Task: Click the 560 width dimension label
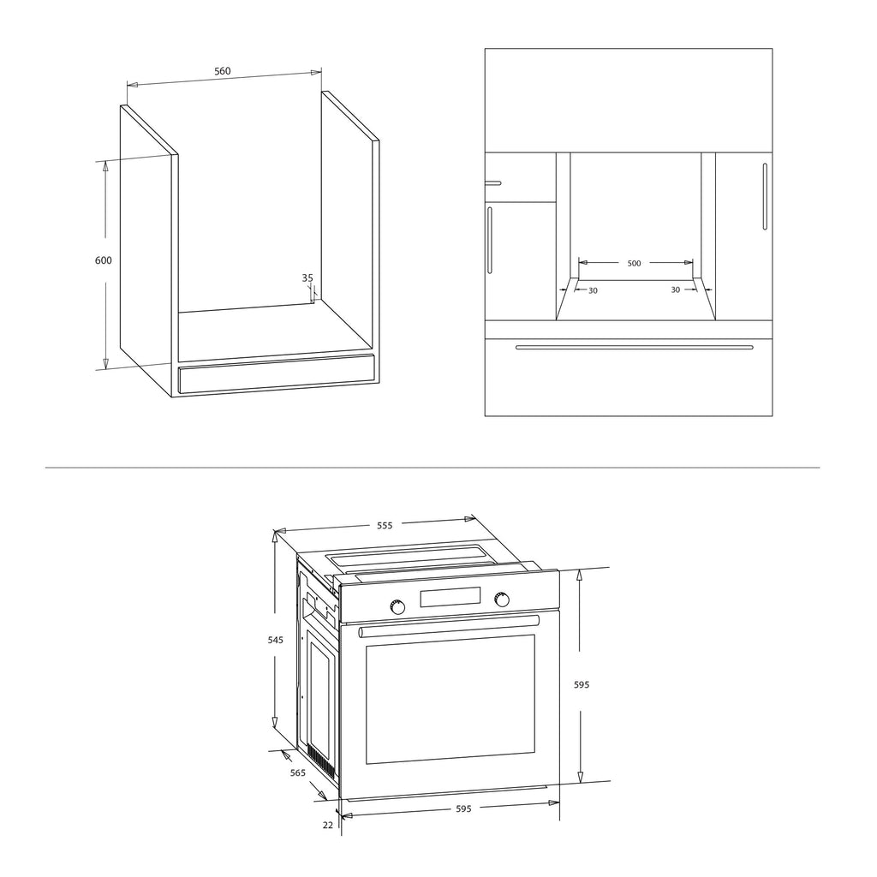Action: pyautogui.click(x=222, y=71)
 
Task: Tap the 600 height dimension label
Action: pyautogui.click(x=104, y=260)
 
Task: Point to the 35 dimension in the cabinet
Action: pyautogui.click(x=307, y=277)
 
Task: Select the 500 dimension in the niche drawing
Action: pyautogui.click(x=634, y=263)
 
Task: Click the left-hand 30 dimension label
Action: pyautogui.click(x=593, y=290)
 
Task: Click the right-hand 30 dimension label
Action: pyautogui.click(x=675, y=289)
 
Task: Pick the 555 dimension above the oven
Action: pyautogui.click(x=385, y=525)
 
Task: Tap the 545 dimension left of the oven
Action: pyautogui.click(x=275, y=640)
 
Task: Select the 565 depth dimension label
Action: pyautogui.click(x=297, y=773)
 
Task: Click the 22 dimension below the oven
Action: pyautogui.click(x=328, y=825)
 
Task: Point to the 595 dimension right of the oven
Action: pyautogui.click(x=582, y=684)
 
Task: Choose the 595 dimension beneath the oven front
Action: pyautogui.click(x=463, y=808)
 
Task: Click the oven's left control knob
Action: pyautogui.click(x=397, y=607)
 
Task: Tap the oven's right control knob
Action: pyautogui.click(x=502, y=599)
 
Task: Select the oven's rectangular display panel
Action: pyautogui.click(x=450, y=597)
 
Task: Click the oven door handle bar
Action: pyautogui.click(x=449, y=626)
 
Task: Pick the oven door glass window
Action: pyautogui.click(x=450, y=699)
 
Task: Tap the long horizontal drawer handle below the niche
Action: pyautogui.click(x=634, y=347)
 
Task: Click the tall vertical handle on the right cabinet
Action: pyautogui.click(x=765, y=196)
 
